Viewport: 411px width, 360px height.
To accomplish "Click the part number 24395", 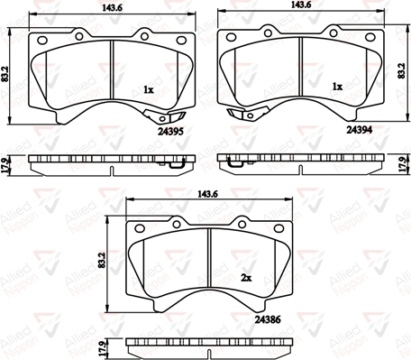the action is (170, 132).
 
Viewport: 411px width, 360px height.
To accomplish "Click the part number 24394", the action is (360, 130).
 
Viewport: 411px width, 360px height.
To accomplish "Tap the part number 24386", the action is (268, 319).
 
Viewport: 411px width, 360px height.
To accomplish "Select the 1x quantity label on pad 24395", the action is (149, 89).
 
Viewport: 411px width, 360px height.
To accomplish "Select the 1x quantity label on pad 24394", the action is (337, 87).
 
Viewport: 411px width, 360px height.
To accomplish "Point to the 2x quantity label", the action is (246, 278).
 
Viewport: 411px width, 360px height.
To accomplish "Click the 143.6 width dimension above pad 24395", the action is (112, 8).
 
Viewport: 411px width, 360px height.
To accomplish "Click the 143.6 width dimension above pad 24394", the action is (301, 5).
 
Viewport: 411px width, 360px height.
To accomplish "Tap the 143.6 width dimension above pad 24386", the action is (207, 194).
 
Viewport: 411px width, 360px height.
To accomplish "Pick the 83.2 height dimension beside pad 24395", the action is (5, 74).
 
